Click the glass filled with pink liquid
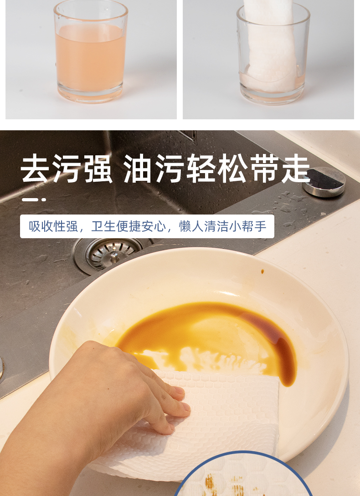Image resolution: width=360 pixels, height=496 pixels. (90, 52)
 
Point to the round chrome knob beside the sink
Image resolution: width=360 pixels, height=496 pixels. (324, 181)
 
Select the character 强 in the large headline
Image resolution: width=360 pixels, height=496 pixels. (98, 168)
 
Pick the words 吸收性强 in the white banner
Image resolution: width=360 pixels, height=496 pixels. (53, 226)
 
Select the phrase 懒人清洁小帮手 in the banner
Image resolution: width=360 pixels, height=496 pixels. (222, 226)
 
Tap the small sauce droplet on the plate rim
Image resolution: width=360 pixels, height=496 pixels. (262, 271)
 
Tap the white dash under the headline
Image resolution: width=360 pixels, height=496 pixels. (34, 199)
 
